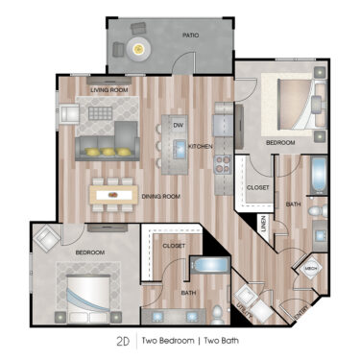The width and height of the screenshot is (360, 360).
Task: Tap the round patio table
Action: click(x=140, y=44)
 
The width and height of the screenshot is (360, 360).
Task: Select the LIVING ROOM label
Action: click(x=110, y=90)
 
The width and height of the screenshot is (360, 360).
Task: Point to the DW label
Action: click(x=178, y=125)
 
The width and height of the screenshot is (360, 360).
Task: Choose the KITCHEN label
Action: click(x=200, y=147)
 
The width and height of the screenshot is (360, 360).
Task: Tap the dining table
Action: click(x=114, y=193)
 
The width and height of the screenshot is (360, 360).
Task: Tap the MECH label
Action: click(x=310, y=270)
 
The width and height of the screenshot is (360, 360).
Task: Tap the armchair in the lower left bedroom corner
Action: click(x=45, y=237)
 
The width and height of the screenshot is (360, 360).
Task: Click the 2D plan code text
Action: click(x=123, y=341)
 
